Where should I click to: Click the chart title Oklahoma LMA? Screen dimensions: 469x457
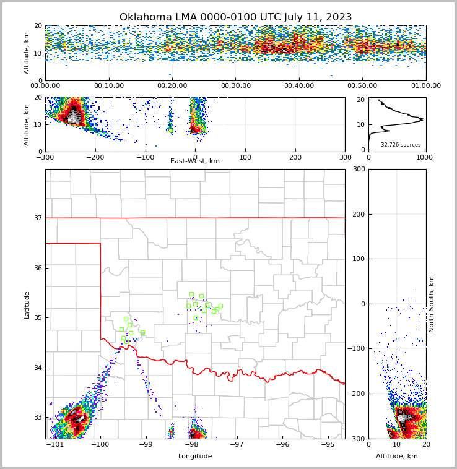point(235,17)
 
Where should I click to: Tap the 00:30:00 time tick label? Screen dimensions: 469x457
point(236,86)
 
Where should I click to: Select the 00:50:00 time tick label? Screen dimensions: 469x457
point(362,86)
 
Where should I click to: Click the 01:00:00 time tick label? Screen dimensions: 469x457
point(425,86)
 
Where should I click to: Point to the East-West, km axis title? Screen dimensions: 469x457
point(195,161)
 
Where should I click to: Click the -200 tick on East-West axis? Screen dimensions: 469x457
point(95,157)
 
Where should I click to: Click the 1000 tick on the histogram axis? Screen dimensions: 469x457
point(425,157)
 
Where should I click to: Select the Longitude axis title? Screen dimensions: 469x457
point(195,457)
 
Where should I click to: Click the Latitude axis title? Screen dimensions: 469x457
point(27,304)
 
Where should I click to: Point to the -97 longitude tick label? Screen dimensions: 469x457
point(237,445)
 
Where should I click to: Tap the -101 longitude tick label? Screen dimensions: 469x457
point(56,445)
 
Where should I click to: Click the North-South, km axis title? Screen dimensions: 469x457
point(432,304)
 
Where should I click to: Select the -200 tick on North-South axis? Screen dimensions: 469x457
point(358,394)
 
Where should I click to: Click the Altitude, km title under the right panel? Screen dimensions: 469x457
point(397,457)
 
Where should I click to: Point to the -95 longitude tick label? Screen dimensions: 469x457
point(327,445)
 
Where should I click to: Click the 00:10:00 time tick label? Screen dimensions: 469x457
point(109,86)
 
